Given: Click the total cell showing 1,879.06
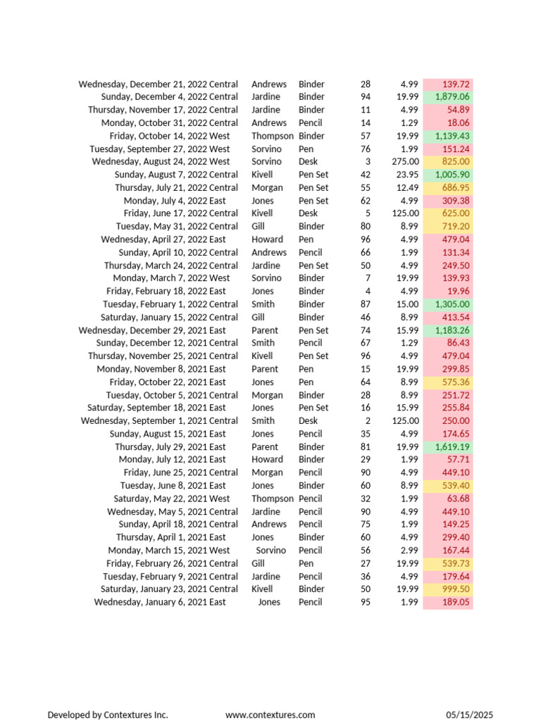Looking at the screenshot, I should tap(452, 97).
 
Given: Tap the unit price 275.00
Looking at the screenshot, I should tap(405, 162).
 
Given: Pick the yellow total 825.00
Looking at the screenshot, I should tap(456, 162).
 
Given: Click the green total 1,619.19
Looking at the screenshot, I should tap(452, 447).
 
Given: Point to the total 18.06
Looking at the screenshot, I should tap(459, 123).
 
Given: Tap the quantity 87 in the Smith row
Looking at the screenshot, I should tap(365, 304).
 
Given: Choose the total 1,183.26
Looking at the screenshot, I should tap(452, 330).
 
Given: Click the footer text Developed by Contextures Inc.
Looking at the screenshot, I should tap(108, 715).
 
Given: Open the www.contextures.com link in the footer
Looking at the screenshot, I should tap(270, 715).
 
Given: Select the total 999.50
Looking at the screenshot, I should tap(456, 589).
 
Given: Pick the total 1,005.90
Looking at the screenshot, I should tap(452, 175).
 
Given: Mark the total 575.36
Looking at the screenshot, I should tap(456, 382).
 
